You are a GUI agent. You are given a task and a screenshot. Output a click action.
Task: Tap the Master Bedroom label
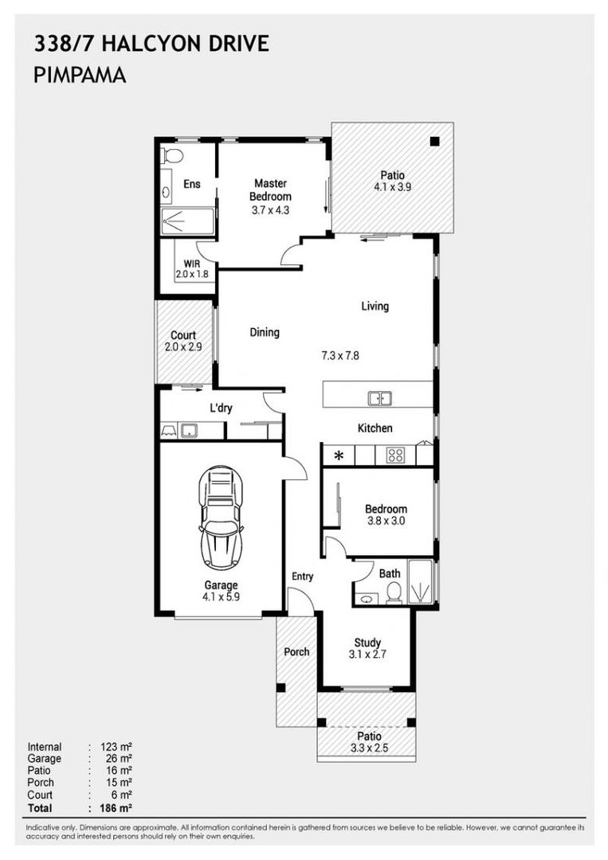point(270,190)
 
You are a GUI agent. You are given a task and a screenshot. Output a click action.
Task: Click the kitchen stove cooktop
point(394,455)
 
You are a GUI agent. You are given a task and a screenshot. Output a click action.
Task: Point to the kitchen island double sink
point(378,398)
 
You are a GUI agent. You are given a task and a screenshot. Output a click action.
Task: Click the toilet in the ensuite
point(172,154)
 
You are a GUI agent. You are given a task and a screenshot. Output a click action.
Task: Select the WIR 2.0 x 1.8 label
point(190,268)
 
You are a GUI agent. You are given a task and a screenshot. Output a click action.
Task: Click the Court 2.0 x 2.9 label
point(183,342)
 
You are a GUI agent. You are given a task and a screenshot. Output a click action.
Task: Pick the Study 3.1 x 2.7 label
point(367,648)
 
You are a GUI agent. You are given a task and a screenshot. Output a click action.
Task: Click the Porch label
point(296,651)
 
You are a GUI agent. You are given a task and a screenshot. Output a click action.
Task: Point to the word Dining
point(265,333)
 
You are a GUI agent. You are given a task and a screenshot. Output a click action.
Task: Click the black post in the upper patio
point(434,142)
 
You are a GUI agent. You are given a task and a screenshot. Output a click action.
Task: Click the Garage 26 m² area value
point(116,759)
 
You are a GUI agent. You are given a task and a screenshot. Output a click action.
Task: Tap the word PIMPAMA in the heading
point(80,76)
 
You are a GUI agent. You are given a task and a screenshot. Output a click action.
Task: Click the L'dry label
point(221,408)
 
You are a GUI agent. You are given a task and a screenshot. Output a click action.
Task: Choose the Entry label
point(302,577)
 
